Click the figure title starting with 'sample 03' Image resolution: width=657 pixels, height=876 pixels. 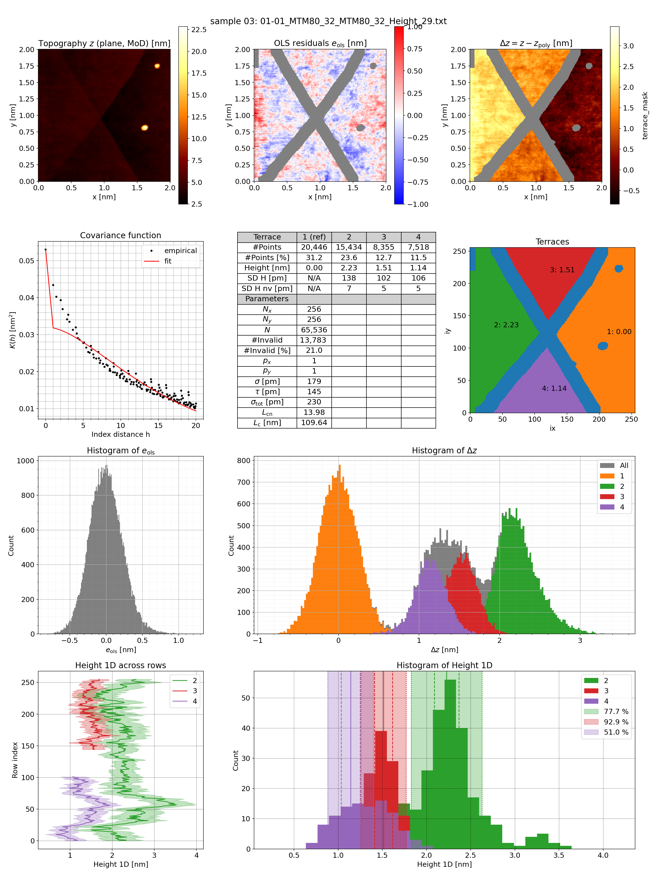pyautogui.click(x=328, y=21)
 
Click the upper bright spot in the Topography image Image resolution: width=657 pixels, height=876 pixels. pyautogui.click(x=157, y=66)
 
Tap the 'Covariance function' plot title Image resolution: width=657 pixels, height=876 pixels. pyautogui.click(x=120, y=235)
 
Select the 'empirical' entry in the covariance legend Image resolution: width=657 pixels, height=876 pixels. pyautogui.click(x=180, y=251)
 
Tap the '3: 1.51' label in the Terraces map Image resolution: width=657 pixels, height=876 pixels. pyautogui.click(x=562, y=270)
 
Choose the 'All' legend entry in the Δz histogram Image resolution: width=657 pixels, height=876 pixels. pyautogui.click(x=624, y=465)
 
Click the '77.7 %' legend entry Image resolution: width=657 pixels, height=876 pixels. pyautogui.click(x=616, y=711)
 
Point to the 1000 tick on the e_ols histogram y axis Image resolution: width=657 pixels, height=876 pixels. pyautogui.click(x=25, y=461)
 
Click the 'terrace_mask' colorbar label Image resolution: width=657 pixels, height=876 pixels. pyautogui.click(x=645, y=116)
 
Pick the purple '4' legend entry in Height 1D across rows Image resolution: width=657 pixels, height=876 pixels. pyautogui.click(x=194, y=701)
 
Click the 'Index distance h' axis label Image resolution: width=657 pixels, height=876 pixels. pyautogui.click(x=120, y=434)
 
